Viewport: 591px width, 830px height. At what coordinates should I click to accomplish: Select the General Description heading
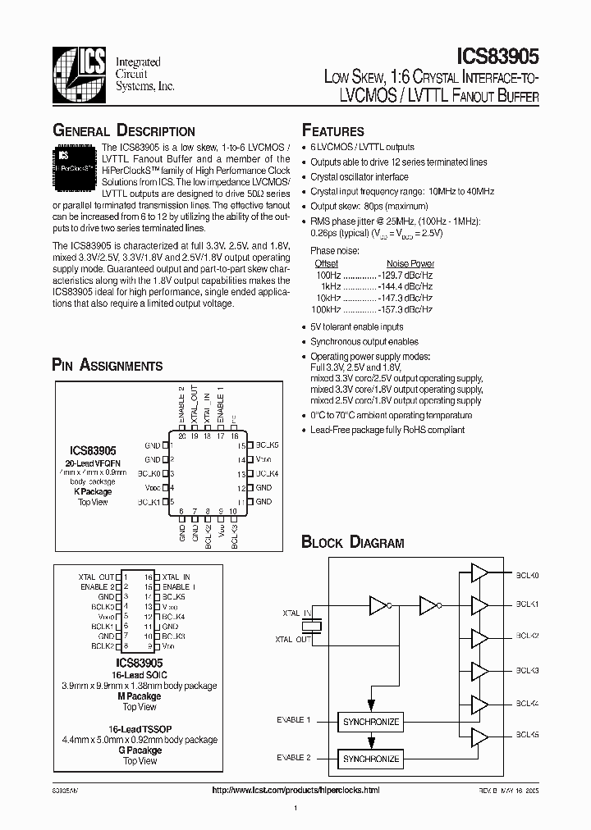coord(123,131)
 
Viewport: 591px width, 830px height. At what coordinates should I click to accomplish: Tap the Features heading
coord(333,131)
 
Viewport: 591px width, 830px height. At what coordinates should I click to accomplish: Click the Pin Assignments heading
coord(107,366)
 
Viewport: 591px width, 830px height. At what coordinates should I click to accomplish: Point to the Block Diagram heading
coord(353,542)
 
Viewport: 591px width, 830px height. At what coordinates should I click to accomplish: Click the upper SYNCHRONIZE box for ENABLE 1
coord(370,722)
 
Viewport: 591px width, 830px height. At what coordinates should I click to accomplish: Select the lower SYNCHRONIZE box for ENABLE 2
coord(370,759)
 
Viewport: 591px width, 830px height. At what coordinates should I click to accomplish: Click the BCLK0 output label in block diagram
coord(528,576)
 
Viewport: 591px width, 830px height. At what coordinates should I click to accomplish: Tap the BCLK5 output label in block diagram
coord(528,734)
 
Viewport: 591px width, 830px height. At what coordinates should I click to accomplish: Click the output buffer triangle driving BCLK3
coord(479,671)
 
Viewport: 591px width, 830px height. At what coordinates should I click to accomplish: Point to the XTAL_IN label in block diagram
coord(296,613)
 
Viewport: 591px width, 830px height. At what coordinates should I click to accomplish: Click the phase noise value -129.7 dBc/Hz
coord(405,275)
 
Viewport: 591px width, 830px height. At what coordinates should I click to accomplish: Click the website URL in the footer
coord(295,790)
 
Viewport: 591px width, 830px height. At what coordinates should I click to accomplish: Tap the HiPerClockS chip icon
coord(76,162)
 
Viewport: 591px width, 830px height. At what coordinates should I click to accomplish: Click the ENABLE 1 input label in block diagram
coord(294,721)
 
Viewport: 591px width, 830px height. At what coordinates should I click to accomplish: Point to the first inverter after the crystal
coord(378,606)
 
